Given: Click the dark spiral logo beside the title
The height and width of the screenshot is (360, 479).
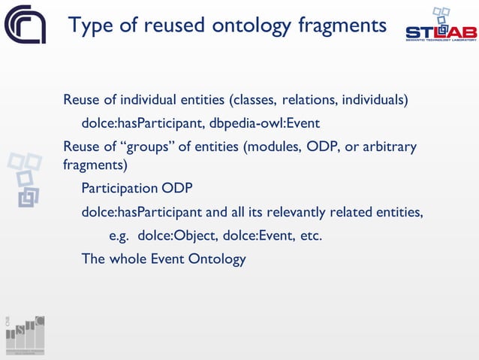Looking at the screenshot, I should (25, 25).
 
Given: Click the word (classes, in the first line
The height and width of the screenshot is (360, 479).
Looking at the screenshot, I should (255, 100).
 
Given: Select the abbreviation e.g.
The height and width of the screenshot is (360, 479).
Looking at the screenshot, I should (120, 236).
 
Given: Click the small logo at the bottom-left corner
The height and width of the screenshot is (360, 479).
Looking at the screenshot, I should (25, 334).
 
